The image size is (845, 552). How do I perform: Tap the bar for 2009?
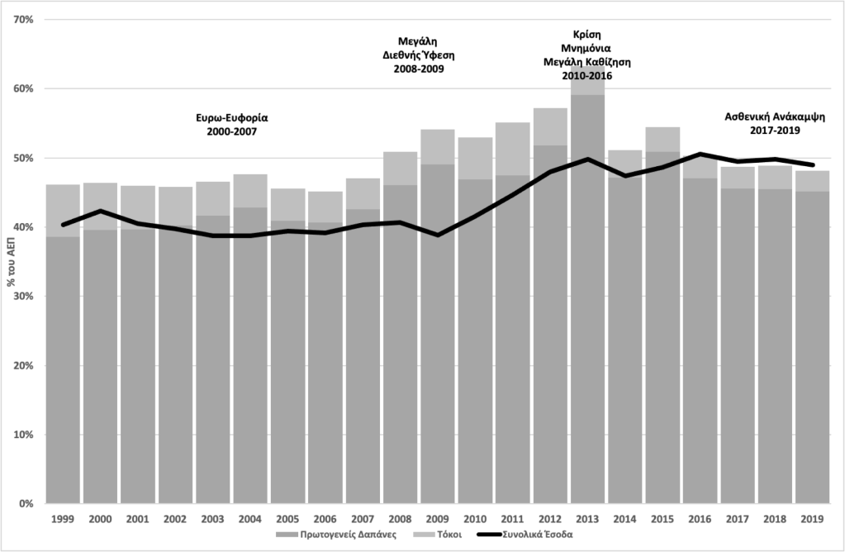coord(438,347)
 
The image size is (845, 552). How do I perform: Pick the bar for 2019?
coord(812,355)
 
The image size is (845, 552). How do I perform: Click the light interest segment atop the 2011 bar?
coord(512,149)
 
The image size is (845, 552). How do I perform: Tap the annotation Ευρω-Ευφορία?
coord(232,117)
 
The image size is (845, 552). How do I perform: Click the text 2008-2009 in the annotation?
coord(419,69)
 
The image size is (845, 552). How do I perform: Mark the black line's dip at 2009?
coord(438,235)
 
